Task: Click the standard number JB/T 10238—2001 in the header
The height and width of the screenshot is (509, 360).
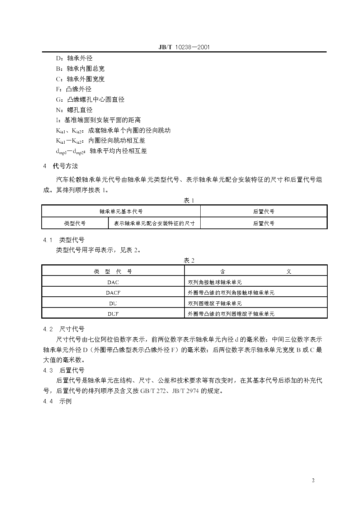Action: click(184, 47)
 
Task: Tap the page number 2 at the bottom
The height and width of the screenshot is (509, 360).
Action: click(313, 481)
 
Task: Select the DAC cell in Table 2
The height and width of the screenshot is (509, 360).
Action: click(113, 282)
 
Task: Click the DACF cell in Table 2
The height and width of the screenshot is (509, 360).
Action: click(113, 293)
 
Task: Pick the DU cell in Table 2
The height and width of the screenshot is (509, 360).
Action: click(113, 303)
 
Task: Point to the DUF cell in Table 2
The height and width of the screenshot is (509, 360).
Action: click(113, 314)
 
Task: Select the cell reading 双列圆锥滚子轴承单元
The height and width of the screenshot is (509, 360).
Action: click(215, 303)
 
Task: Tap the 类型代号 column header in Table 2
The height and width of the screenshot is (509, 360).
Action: click(113, 272)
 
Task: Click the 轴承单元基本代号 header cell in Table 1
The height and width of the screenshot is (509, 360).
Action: click(121, 212)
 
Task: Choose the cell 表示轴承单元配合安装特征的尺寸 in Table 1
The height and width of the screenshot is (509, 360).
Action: click(154, 223)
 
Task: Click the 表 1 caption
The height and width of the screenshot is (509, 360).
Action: click(188, 200)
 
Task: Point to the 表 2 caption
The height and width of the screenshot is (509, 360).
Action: click(188, 260)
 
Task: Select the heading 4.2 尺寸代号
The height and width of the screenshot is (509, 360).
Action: click(64, 329)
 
